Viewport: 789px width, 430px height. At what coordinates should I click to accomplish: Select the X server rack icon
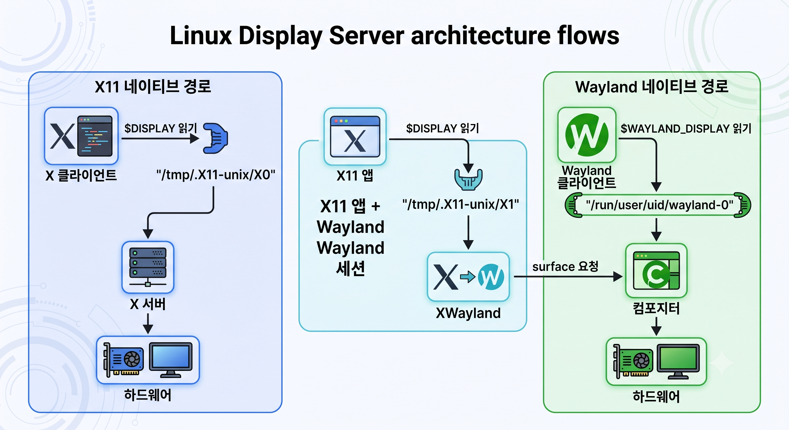click(148, 267)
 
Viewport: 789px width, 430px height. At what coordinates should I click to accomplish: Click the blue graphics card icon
click(124, 360)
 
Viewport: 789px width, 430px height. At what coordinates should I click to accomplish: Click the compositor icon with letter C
click(656, 270)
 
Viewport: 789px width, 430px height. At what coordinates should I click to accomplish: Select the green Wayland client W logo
click(586, 135)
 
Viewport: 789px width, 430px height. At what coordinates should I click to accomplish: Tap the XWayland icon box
click(468, 277)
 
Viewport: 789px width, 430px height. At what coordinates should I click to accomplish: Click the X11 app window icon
click(355, 137)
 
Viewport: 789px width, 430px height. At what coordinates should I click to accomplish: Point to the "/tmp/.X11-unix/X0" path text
click(216, 175)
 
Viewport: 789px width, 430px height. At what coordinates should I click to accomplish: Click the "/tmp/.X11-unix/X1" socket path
click(461, 204)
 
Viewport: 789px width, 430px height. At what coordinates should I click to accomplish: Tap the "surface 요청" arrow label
click(565, 266)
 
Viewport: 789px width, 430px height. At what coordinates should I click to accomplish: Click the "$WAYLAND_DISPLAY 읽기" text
click(686, 128)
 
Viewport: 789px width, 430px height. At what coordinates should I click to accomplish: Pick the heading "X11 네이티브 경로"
click(153, 86)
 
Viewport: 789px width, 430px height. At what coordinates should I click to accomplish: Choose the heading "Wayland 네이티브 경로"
click(652, 87)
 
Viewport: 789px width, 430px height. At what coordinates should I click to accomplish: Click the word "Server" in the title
click(366, 36)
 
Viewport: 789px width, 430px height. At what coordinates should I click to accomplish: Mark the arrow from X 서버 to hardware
click(148, 324)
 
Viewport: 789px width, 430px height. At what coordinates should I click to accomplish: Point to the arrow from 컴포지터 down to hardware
click(656, 326)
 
